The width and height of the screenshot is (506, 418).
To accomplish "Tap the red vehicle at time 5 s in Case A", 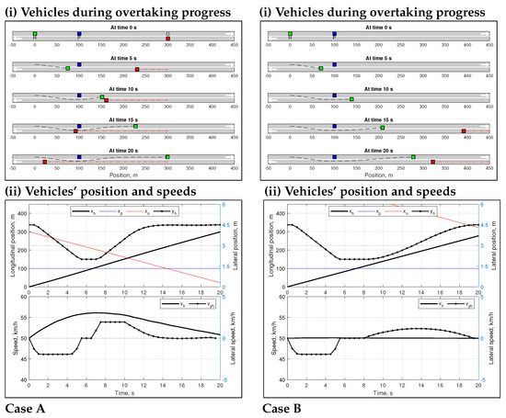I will tap(137, 69).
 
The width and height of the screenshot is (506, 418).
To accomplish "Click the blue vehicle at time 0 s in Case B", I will tap(334, 33).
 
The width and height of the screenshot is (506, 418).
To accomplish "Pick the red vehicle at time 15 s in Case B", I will tap(464, 131).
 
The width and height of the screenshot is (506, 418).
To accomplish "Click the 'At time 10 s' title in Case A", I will tap(123, 89).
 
